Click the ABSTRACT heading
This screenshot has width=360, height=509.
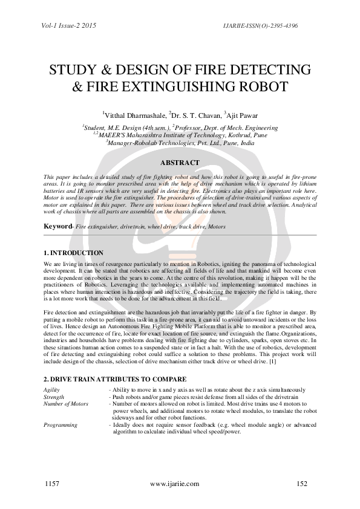click(179, 163)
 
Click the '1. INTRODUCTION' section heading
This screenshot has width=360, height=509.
click(74, 253)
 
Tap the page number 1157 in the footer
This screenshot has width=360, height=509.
click(53, 484)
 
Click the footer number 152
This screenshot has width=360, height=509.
click(303, 484)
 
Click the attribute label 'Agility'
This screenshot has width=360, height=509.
click(51, 390)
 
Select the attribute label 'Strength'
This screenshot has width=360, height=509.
click(53, 397)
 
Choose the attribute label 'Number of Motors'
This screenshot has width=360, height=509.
click(66, 403)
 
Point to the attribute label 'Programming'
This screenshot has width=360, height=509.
click(61, 425)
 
